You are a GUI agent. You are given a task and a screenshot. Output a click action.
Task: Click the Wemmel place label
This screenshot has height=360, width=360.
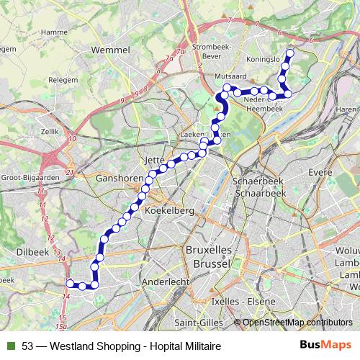coord(111,50)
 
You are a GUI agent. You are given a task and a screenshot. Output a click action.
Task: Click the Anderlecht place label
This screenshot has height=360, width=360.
coord(165,281)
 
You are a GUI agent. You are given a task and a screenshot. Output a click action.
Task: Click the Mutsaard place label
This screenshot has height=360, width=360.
coord(230,75)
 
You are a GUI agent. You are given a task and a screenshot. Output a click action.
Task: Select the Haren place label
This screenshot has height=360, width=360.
coord(347,109)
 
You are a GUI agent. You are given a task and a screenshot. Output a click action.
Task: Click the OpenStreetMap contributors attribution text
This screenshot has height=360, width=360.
coord(297,322)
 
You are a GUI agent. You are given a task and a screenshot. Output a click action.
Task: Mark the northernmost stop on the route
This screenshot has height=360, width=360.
coord(291,53)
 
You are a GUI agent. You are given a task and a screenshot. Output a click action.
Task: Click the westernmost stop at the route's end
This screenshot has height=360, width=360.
coord(71,283)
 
